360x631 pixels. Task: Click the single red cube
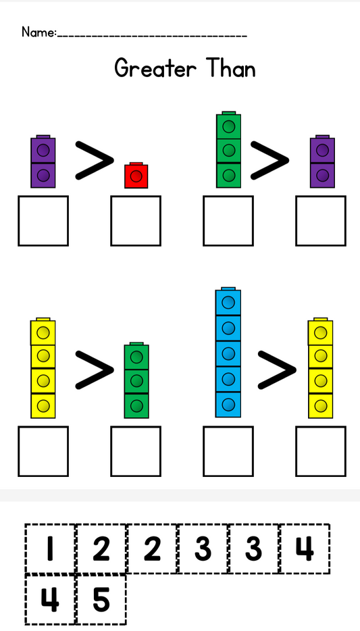coord(136,176)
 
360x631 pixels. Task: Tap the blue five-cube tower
coord(228,352)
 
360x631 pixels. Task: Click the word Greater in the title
coord(155,68)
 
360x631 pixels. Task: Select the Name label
coord(39,32)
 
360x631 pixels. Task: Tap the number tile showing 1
coord(50,549)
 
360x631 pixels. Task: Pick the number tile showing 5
coord(101,600)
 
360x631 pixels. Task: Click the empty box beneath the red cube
coord(136,220)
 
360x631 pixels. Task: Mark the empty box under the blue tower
coord(228,451)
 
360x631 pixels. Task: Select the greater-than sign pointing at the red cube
coord(95,159)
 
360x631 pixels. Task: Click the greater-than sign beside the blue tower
coord(277,370)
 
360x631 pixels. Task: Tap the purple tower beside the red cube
coord(43,161)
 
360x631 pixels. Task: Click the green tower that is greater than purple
coord(228,150)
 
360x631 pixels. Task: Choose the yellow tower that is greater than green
coord(43,368)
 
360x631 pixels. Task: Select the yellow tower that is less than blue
coord(321,368)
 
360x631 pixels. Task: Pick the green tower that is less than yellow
coord(136,380)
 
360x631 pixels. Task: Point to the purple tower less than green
coord(322,161)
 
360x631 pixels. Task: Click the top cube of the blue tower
coord(228,301)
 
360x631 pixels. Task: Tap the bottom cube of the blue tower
coord(228,405)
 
